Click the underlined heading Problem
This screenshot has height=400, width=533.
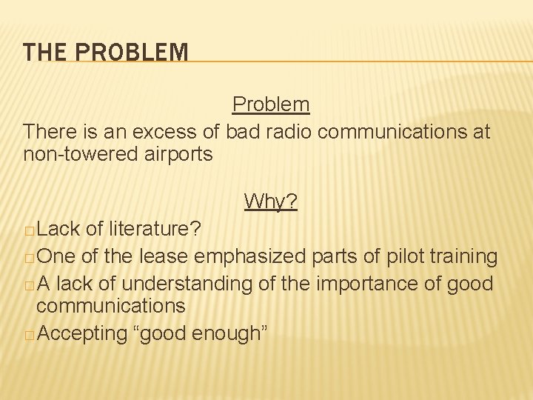[x=271, y=104]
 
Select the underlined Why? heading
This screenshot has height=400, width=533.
[x=271, y=201]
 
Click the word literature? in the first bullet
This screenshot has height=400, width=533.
[x=153, y=229]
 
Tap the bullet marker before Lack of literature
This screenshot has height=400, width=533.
[x=28, y=230]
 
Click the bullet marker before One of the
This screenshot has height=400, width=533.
[x=28, y=258]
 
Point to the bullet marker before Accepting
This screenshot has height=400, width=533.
[x=28, y=335]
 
